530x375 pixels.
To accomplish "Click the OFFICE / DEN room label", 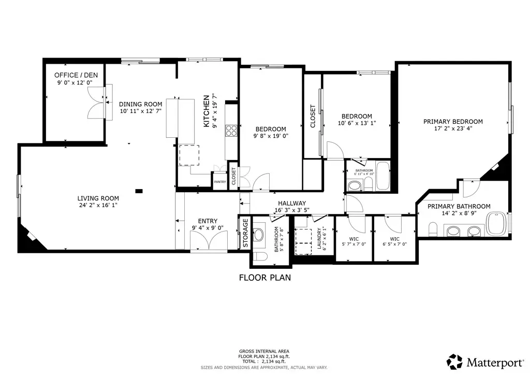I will coord(76,75).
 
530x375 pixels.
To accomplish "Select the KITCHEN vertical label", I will coord(206,111).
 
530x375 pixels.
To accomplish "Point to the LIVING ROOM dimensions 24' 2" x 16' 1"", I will coord(98,205).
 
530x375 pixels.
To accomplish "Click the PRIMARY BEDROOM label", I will coord(453,122).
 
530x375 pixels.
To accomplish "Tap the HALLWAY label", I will coord(291,204).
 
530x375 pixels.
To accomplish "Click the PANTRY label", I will coord(220,182).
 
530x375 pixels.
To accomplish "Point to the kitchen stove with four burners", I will coord(231,130).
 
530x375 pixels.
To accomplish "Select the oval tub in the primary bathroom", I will coord(497,223).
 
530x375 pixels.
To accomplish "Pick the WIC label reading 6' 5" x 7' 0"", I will coord(394,241).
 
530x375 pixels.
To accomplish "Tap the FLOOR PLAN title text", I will coord(264,278).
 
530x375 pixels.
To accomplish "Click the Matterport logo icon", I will coord(454,361).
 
